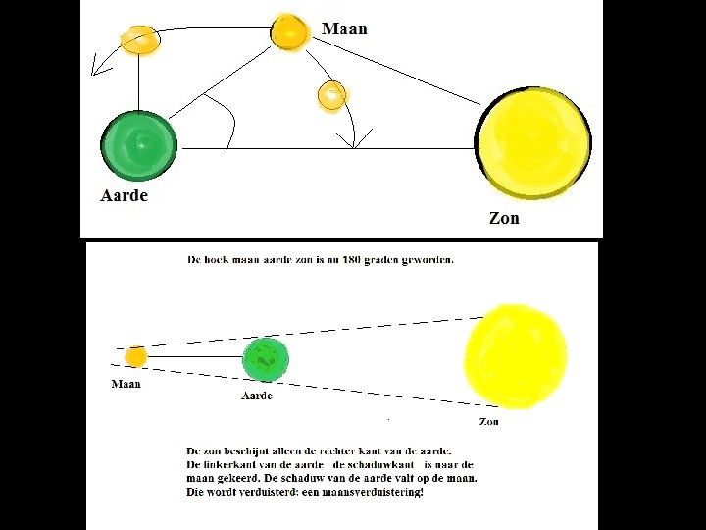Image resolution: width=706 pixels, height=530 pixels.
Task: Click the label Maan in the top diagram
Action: pyautogui.click(x=344, y=28)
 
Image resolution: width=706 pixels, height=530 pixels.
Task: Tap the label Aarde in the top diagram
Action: pyautogui.click(x=125, y=195)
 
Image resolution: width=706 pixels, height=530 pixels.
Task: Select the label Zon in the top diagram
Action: pyautogui.click(x=504, y=218)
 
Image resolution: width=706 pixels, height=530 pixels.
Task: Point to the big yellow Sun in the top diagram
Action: pyautogui.click(x=533, y=143)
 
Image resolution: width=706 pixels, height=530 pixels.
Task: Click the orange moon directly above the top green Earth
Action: pyautogui.click(x=139, y=39)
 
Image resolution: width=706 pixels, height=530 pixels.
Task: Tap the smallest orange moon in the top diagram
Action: pyautogui.click(x=331, y=95)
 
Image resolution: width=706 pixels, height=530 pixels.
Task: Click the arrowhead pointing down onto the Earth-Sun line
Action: pyautogui.click(x=354, y=142)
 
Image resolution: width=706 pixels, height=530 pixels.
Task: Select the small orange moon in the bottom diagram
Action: pyautogui.click(x=136, y=356)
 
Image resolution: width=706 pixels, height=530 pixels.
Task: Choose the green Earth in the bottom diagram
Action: pyautogui.click(x=266, y=359)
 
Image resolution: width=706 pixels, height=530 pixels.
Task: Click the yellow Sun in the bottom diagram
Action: pyautogui.click(x=515, y=355)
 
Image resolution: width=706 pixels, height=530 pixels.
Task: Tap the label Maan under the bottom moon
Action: pyautogui.click(x=126, y=384)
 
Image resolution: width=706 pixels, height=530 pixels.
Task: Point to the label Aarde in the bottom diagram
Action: pyautogui.click(x=257, y=396)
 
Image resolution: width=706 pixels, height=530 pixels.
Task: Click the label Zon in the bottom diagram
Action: pyautogui.click(x=488, y=422)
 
